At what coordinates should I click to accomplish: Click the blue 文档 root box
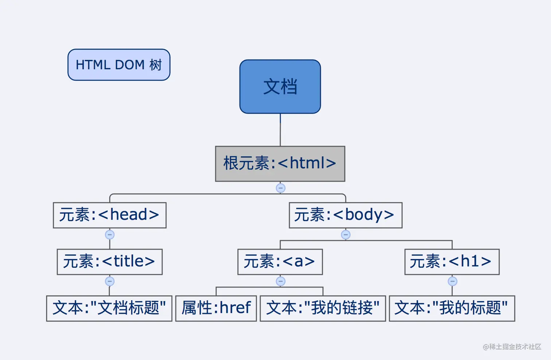pyautogui.click(x=280, y=87)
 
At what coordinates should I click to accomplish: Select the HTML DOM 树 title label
pyautogui.click(x=119, y=65)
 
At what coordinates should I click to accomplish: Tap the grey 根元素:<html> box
pyautogui.click(x=280, y=164)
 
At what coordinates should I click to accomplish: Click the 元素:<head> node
pyautogui.click(x=109, y=215)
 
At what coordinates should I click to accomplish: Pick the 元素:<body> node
pyautogui.click(x=345, y=215)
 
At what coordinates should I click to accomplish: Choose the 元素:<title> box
pyautogui.click(x=109, y=262)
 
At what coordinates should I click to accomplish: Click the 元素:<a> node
pyautogui.click(x=280, y=262)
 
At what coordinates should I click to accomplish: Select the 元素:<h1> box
pyautogui.click(x=452, y=262)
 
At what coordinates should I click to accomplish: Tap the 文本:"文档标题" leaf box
pyautogui.click(x=109, y=308)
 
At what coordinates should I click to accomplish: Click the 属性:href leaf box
pyautogui.click(x=216, y=308)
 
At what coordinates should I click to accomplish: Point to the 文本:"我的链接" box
pyautogui.click(x=323, y=308)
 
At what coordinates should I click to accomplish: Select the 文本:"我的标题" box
pyautogui.click(x=452, y=308)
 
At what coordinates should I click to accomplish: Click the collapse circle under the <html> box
pyautogui.click(x=280, y=188)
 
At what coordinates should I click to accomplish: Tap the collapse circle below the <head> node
pyautogui.click(x=110, y=235)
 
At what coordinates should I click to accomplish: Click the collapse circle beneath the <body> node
pyautogui.click(x=345, y=235)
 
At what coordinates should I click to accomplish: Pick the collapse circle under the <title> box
pyautogui.click(x=110, y=281)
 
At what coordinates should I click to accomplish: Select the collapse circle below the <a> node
pyautogui.click(x=280, y=281)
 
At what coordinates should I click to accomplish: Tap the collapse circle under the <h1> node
pyautogui.click(x=452, y=281)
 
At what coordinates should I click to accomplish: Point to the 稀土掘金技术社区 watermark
pyautogui.click(x=512, y=347)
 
